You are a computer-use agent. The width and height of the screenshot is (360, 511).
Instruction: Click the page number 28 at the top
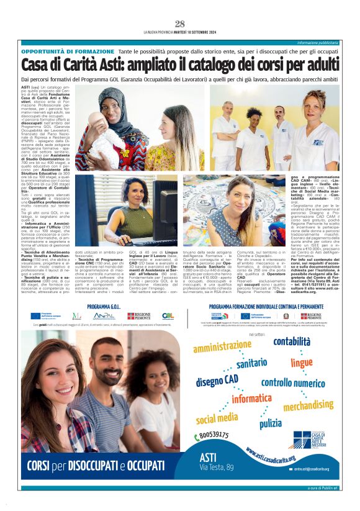click(x=180, y=24)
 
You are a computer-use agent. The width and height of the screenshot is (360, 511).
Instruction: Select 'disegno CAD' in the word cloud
click(x=217, y=379)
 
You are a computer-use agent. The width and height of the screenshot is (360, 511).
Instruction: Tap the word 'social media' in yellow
click(x=217, y=418)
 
